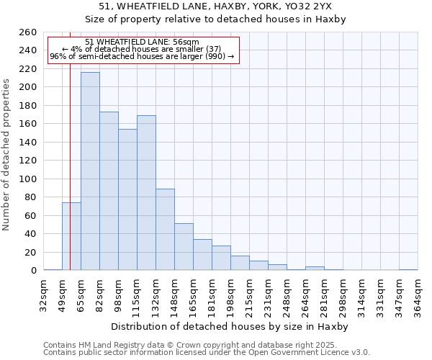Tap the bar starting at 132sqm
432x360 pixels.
pos(165,229)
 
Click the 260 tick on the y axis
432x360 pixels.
pos(28,32)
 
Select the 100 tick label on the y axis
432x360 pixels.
pos(28,179)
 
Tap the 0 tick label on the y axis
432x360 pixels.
pos(33,271)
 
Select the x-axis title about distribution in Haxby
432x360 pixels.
pos(230,327)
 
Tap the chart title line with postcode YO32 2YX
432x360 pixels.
pos(215,6)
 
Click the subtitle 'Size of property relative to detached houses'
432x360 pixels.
pos(215,19)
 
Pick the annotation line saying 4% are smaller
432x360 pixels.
pos(142,49)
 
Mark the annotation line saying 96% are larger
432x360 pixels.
pos(142,56)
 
